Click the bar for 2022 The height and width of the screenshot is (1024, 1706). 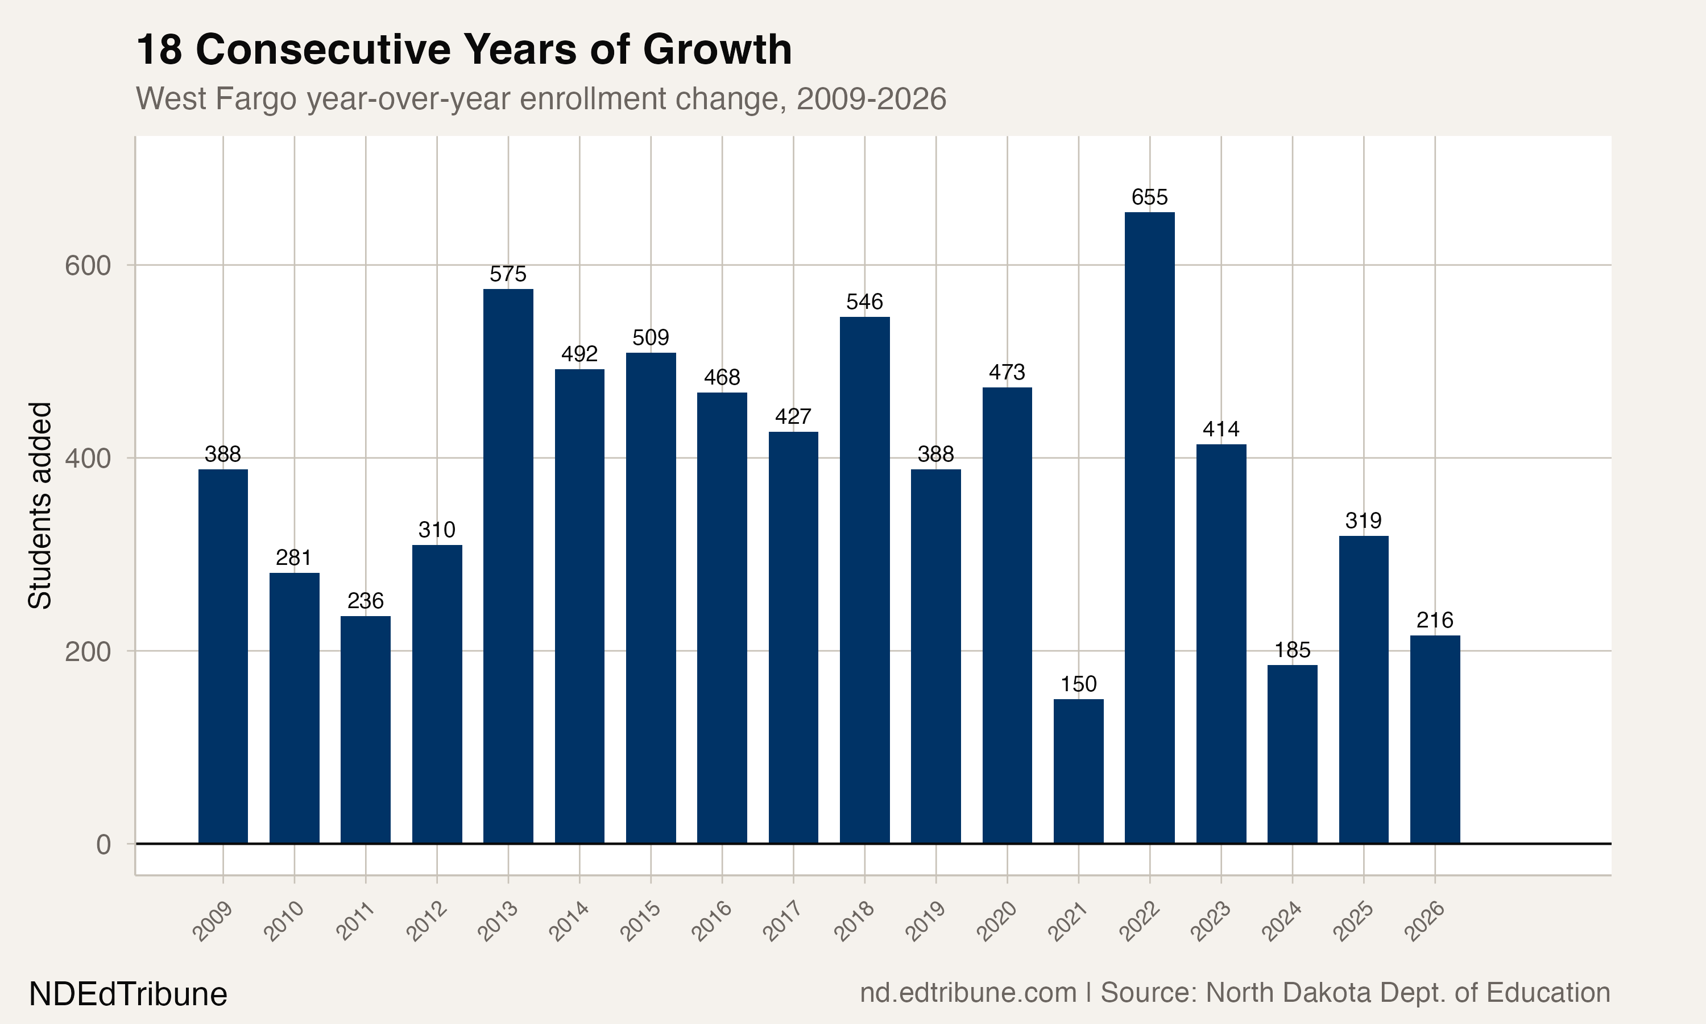pyautogui.click(x=1149, y=528)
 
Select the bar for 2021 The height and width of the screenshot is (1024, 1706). pyautogui.click(x=1079, y=771)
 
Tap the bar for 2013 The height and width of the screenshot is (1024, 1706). pyautogui.click(x=508, y=566)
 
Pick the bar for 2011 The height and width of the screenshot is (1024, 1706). pyautogui.click(x=366, y=729)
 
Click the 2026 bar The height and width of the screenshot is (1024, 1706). pyautogui.click(x=1435, y=739)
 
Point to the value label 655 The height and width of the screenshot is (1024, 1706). pyautogui.click(x=1149, y=197)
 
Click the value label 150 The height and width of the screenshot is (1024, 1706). pyautogui.click(x=1079, y=684)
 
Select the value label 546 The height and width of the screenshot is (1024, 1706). pyautogui.click(x=865, y=302)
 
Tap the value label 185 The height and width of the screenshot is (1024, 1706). pyautogui.click(x=1292, y=650)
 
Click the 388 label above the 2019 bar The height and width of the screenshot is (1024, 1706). pyautogui.click(x=936, y=454)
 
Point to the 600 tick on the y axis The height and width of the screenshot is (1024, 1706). pyautogui.click(x=88, y=266)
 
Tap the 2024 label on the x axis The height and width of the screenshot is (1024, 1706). pyautogui.click(x=1282, y=920)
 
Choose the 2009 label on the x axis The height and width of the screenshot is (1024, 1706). pyautogui.click(x=212, y=920)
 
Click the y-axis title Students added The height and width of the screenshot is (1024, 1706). pyautogui.click(x=40, y=505)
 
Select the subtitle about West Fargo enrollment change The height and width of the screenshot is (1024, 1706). pyautogui.click(x=541, y=98)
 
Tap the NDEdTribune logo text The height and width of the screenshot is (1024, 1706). pyautogui.click(x=129, y=994)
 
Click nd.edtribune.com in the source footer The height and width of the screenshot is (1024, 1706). pyautogui.click(x=968, y=993)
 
